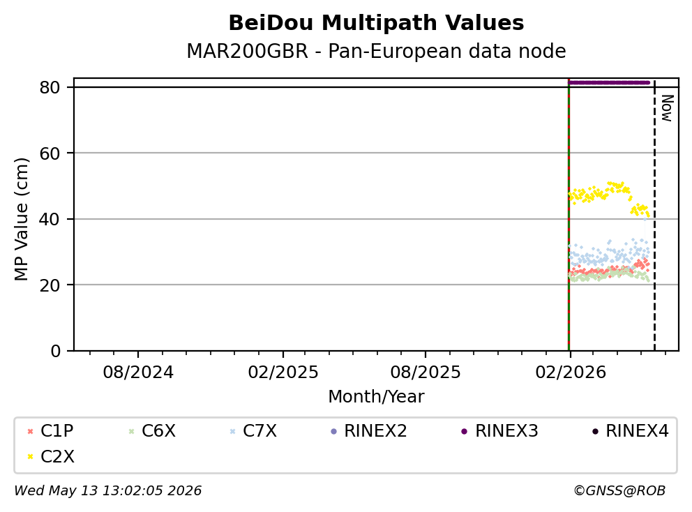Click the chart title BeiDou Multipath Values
point(376,23)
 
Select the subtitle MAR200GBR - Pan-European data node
point(376,51)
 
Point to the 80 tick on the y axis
point(50,87)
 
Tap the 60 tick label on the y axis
point(50,153)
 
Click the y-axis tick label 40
point(50,219)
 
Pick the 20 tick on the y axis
point(50,285)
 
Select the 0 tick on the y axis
point(56,351)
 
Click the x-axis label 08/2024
point(138,372)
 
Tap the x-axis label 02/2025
point(283,372)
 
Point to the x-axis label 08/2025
point(426,372)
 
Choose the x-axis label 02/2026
point(570,372)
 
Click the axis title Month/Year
point(376,396)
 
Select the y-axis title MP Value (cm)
point(21,219)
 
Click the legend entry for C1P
point(50,431)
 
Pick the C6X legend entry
point(152,431)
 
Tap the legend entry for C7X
point(253,431)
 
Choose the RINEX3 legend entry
point(499,431)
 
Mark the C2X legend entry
point(50,456)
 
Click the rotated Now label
point(667,108)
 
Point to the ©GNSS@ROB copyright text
point(619,491)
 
